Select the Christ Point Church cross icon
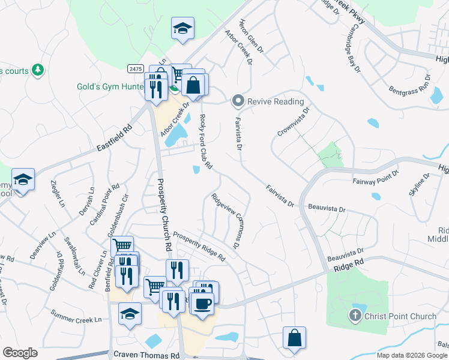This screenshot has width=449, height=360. pyautogui.click(x=355, y=315)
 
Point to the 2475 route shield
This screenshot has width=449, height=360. pyautogui.click(x=134, y=69)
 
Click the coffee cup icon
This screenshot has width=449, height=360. pyautogui.click(x=202, y=302)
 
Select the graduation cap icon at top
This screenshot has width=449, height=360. pyautogui.click(x=182, y=28)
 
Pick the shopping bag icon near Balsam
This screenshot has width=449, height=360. pyautogui.click(x=294, y=338)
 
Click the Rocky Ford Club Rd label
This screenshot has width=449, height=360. pyautogui.click(x=206, y=141)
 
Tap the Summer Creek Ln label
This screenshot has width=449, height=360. pyautogui.click(x=76, y=316)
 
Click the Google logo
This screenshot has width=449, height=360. pyautogui.click(x=20, y=353)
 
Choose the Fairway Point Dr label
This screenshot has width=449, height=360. pyautogui.click(x=376, y=175)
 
